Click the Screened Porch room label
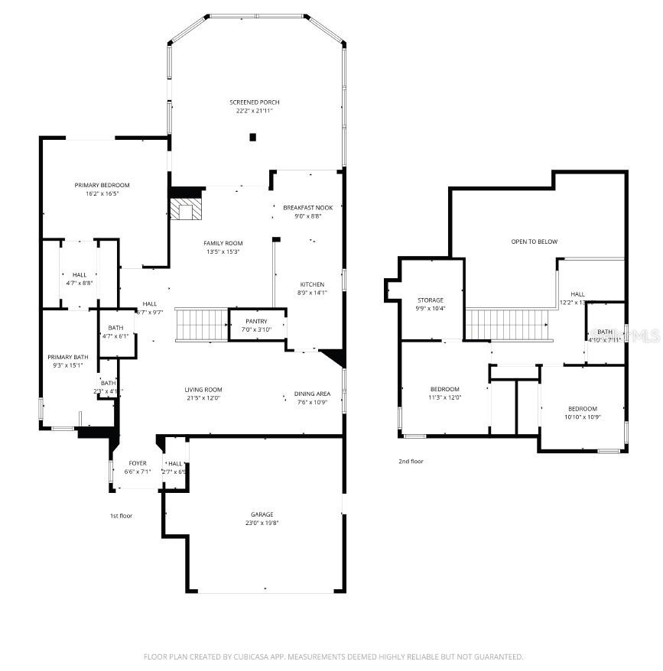255,102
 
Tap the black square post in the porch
253,138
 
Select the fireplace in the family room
184,210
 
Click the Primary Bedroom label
102,185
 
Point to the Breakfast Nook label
302,207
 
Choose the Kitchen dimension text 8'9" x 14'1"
311,292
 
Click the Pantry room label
256,321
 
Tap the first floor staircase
202,324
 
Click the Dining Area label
312,394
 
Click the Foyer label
138,463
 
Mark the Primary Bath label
68,357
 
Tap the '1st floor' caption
121,516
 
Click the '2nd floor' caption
411,462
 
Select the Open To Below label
534,241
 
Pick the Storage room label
431,300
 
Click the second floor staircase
509,325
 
